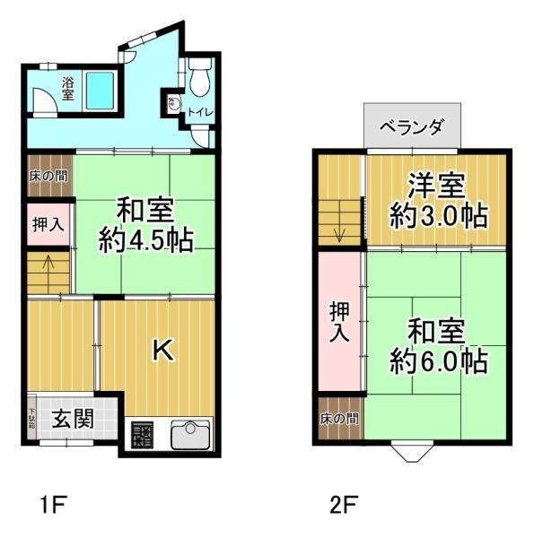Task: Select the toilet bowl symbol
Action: coord(199,79)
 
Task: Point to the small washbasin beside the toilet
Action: coord(174,104)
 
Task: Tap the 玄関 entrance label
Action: coord(73,418)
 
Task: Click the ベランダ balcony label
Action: coord(412,126)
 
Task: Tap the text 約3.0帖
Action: coord(438,216)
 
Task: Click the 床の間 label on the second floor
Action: coord(340,419)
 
